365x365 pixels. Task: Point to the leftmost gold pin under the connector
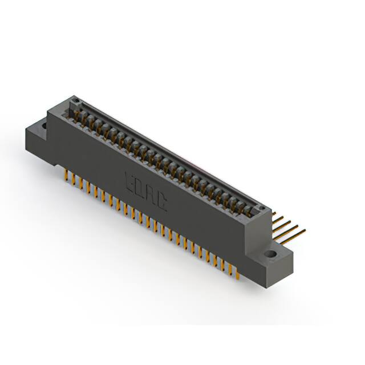[x=66, y=173]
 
